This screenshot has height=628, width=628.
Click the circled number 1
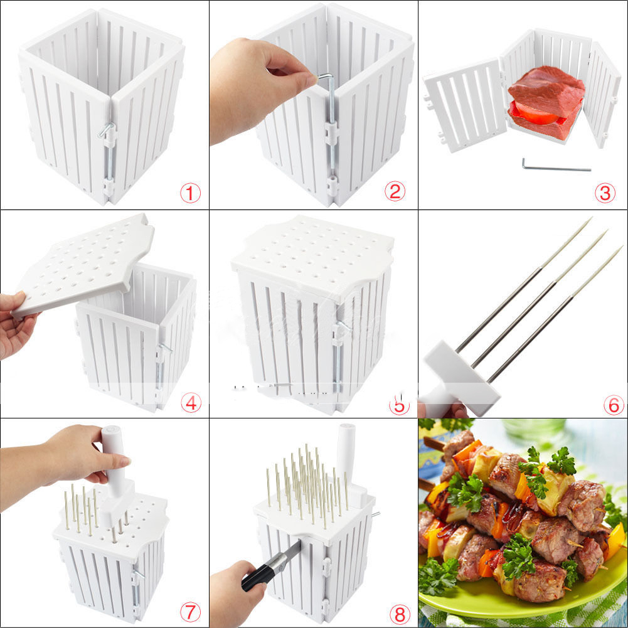[190, 193]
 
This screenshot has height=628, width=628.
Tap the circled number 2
[395, 191]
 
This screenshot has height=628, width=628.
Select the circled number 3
[605, 193]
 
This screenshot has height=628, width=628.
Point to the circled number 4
[191, 402]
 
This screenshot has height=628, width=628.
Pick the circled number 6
[614, 405]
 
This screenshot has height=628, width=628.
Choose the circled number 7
[190, 612]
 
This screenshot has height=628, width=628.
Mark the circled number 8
[400, 614]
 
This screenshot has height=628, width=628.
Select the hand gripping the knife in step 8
[237, 593]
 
